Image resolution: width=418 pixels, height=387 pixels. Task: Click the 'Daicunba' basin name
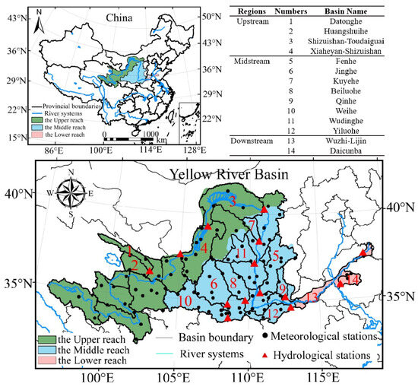point(361,151)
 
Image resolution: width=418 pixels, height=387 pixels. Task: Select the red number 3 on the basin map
point(234,200)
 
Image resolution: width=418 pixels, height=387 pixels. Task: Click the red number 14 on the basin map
point(353,280)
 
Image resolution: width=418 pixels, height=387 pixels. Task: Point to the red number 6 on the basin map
point(214,284)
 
